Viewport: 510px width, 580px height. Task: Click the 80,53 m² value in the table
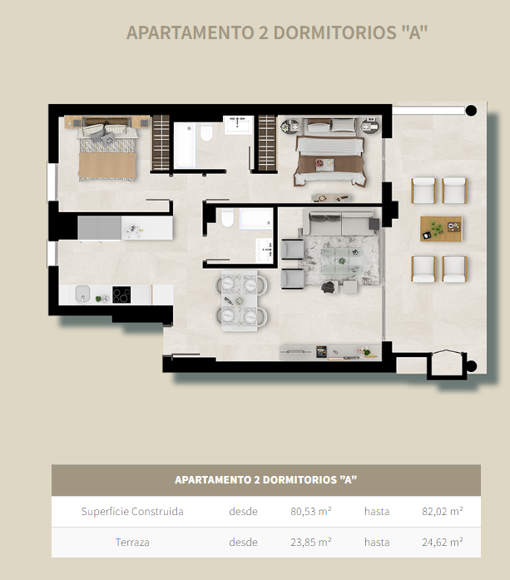(x=310, y=511)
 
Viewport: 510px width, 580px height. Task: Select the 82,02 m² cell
(x=443, y=511)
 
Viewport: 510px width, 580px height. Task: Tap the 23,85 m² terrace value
(x=310, y=542)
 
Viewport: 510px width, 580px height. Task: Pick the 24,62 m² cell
(x=443, y=542)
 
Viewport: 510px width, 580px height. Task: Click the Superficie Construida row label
(x=132, y=511)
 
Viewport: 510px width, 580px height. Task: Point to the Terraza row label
(x=132, y=542)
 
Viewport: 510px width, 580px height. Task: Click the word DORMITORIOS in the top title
(x=334, y=32)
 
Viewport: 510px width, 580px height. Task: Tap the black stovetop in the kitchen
(x=121, y=295)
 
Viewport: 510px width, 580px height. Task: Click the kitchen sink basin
(x=82, y=294)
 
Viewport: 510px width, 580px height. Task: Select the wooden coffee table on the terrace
(x=441, y=229)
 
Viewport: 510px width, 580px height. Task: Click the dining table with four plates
(x=240, y=300)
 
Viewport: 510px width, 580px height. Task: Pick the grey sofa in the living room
(x=338, y=222)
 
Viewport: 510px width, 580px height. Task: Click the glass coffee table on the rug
(x=341, y=260)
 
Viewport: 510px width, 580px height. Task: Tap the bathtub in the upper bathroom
(x=185, y=146)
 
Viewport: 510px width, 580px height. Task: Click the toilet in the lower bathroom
(x=227, y=218)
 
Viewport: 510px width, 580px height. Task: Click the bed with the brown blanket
(x=330, y=151)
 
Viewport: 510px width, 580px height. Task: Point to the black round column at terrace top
(x=471, y=110)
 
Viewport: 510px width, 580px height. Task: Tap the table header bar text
(x=266, y=480)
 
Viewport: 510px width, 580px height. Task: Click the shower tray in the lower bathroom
(x=256, y=219)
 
